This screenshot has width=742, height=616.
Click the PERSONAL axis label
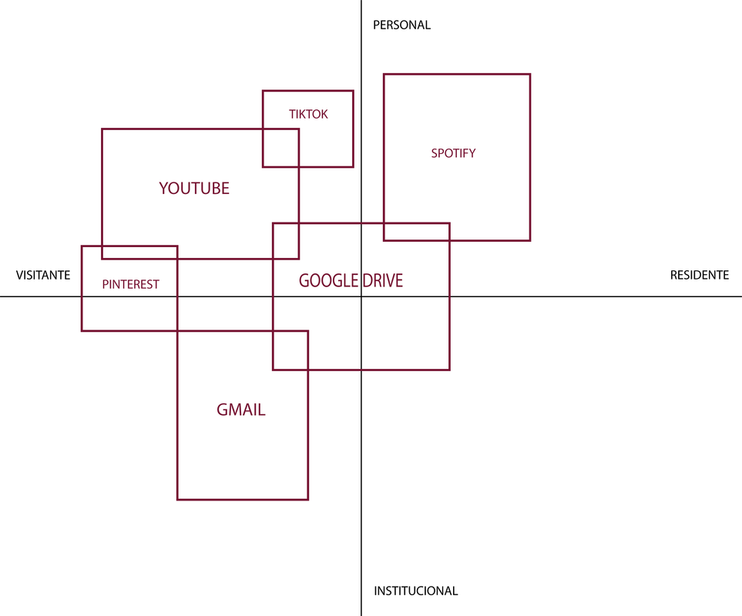point(401,25)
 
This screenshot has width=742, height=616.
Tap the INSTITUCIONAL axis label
point(415,591)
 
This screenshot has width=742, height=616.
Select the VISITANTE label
point(43,275)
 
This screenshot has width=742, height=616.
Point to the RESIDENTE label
point(699,275)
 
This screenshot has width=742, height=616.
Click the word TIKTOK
point(308,114)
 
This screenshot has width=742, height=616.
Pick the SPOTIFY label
point(453,153)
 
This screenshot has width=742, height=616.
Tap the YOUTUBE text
point(194,188)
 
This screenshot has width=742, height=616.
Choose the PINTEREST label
point(130,284)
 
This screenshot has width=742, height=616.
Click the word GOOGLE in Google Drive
point(324,280)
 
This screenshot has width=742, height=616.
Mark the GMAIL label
point(241,410)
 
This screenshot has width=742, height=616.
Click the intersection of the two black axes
point(361,296)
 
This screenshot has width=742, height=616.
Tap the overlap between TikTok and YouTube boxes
point(280,148)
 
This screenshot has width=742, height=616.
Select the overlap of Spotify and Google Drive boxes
point(417,232)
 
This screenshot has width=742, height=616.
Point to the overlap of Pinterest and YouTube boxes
point(139,253)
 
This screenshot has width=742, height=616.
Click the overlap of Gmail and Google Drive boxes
point(290,350)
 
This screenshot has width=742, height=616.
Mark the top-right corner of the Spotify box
point(530,74)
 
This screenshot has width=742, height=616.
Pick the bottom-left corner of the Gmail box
point(177,500)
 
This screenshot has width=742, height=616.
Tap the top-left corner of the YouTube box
point(102,129)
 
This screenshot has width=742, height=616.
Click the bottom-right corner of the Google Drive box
point(449,370)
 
